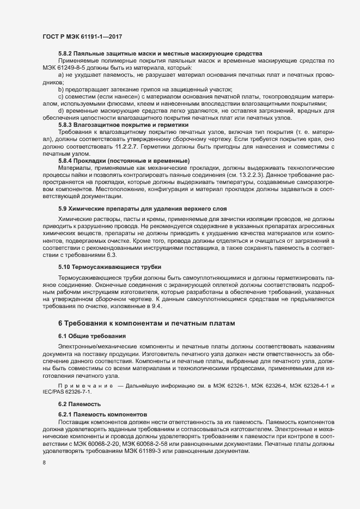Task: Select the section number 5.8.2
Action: (66, 53)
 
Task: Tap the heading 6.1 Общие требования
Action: (92, 336)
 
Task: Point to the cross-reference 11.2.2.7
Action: (128, 146)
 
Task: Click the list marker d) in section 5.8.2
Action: (60, 111)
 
